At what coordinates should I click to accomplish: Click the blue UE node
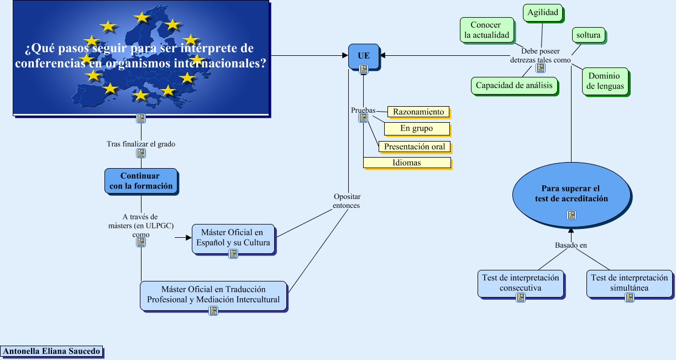(364, 56)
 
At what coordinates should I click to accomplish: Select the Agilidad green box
(543, 13)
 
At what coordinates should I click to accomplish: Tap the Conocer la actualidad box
(487, 30)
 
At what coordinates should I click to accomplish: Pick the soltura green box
(589, 35)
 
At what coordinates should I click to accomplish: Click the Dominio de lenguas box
(605, 81)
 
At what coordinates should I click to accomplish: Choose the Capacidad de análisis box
(514, 86)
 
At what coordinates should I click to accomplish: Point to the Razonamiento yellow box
(418, 112)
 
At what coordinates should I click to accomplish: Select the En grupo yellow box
(417, 128)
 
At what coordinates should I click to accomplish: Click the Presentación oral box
(415, 147)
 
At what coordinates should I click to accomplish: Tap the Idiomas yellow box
(407, 163)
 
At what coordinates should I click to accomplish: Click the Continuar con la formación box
(141, 181)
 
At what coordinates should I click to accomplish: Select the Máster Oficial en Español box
(233, 238)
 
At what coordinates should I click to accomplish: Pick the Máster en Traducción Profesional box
(213, 295)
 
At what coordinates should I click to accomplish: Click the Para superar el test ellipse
(572, 195)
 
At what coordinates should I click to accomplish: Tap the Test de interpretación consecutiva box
(521, 283)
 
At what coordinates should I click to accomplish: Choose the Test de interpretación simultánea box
(630, 283)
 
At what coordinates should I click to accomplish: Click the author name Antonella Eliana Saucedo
(51, 351)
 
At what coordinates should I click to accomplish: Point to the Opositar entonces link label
(347, 201)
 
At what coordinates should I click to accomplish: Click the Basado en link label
(570, 245)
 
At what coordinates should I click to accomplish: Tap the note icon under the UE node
(364, 69)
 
